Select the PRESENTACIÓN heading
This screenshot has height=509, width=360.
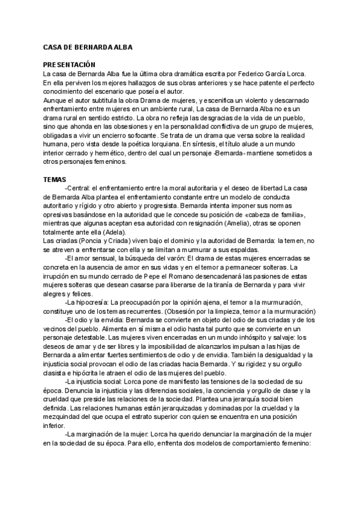70,65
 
